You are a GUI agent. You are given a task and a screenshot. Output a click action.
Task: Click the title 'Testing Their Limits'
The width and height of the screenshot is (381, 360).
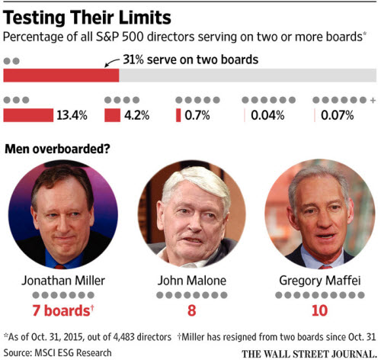point(87,18)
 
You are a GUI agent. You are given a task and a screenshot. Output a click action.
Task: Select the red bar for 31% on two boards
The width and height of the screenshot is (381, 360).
point(61,76)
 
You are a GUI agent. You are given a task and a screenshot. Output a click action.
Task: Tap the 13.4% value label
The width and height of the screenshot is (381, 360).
point(72,115)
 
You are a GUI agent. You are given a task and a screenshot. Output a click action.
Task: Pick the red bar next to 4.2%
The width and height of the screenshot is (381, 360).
point(112,115)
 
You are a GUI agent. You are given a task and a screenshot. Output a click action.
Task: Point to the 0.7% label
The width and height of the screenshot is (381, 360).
point(197,115)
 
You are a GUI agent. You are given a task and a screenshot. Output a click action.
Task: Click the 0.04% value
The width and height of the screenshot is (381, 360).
point(267,115)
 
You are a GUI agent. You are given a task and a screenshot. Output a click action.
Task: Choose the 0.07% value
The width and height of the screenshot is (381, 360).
point(338,115)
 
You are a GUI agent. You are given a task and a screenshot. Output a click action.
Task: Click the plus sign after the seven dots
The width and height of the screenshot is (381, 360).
point(373,101)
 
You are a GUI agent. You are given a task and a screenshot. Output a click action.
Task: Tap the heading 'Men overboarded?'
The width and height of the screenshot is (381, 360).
point(57,149)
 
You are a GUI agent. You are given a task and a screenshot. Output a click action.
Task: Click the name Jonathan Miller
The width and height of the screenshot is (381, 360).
point(63,281)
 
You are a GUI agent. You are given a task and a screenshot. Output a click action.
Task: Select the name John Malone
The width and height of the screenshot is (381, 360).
point(192,281)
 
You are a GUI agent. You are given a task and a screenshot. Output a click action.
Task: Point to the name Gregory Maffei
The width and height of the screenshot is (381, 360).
point(320,281)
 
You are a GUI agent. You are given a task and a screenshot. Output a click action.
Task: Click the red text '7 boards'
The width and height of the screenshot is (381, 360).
point(61,310)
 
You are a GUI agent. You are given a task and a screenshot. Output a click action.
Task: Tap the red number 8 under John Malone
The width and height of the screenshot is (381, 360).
point(192,310)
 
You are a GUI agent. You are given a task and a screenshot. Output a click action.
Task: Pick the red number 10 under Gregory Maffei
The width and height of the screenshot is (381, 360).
point(320,310)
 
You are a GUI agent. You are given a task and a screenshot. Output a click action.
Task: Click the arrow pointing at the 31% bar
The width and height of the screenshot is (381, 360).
point(112,63)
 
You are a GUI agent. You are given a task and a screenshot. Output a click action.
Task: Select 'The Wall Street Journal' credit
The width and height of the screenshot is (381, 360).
point(309,354)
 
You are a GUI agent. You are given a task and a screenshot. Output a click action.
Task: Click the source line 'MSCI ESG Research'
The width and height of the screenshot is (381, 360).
point(73,353)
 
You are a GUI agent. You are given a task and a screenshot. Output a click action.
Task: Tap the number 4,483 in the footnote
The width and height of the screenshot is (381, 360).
point(123,337)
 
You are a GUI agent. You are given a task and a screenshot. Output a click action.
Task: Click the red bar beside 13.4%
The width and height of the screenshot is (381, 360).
point(28,115)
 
